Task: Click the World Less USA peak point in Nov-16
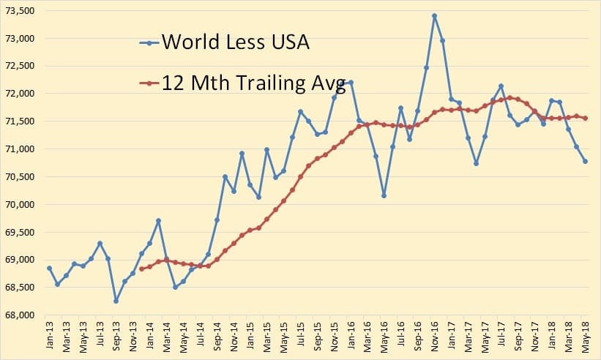pyautogui.click(x=434, y=15)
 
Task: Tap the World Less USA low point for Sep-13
pyautogui.click(x=116, y=301)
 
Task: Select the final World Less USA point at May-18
pyautogui.click(x=586, y=162)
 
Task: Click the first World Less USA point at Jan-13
pyautogui.click(x=49, y=268)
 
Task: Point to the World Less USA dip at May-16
pyautogui.click(x=384, y=195)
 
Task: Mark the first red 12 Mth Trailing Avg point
pyautogui.click(x=141, y=269)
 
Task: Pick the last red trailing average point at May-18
pyautogui.click(x=586, y=118)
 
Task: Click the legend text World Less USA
pyautogui.click(x=235, y=42)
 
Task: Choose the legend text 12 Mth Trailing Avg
pyautogui.click(x=253, y=83)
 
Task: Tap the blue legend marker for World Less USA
pyautogui.click(x=149, y=42)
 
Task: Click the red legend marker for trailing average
pyautogui.click(x=149, y=83)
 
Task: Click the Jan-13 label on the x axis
pyautogui.click(x=49, y=339)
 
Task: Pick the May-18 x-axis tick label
pyautogui.click(x=586, y=339)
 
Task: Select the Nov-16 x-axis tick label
pyautogui.click(x=434, y=339)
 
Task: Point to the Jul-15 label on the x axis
pyautogui.click(x=300, y=339)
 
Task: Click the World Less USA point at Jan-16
pyautogui.click(x=351, y=82)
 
